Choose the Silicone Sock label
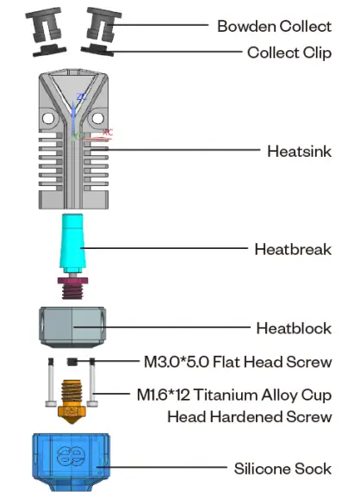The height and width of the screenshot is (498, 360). [x=283, y=470]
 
